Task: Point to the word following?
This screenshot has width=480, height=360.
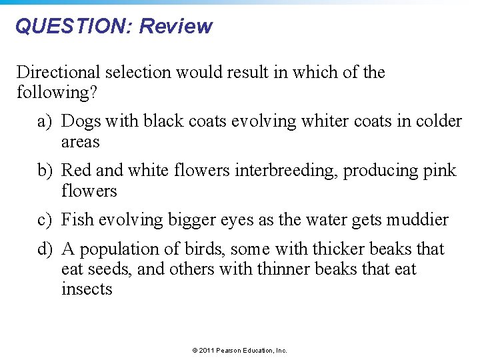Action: [57, 92]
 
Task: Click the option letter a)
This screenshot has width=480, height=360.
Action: [45, 121]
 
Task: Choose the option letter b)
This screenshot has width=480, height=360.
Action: [45, 171]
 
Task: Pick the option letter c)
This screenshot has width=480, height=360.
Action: [45, 220]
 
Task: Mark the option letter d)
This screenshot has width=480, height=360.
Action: [45, 249]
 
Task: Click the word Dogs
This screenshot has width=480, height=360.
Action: [81, 121]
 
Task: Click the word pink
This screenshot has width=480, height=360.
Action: [439, 171]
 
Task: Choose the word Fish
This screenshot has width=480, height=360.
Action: [77, 220]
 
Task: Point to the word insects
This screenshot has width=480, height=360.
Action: [87, 289]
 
